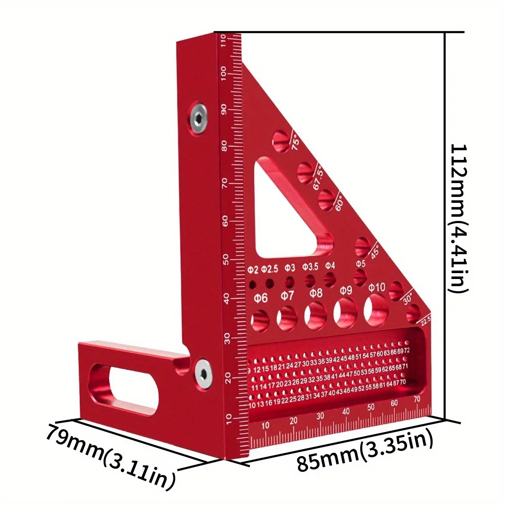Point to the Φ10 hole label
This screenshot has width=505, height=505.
click(377, 287)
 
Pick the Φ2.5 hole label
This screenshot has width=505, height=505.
click(269, 268)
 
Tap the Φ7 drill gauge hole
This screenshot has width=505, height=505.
click(287, 318)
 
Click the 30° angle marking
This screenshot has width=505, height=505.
click(407, 299)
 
